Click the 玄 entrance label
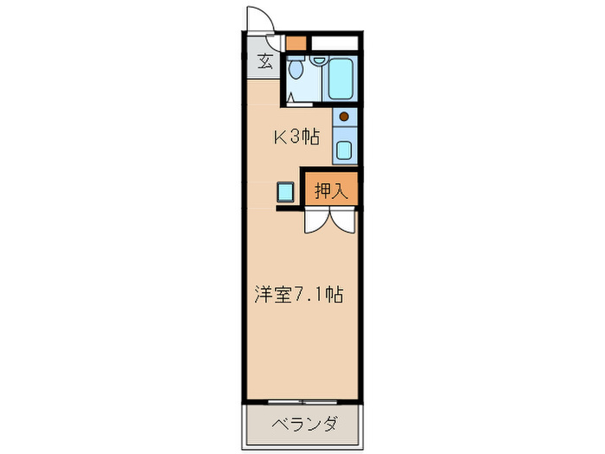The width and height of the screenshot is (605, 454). point(264,62)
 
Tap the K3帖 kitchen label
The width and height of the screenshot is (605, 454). point(296,136)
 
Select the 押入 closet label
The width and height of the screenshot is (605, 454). point(330,191)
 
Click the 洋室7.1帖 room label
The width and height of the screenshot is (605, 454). point(299,295)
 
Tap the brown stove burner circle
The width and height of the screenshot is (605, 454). point(344,117)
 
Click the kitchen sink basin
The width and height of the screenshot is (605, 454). point(344,150)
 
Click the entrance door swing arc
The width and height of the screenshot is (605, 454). point(261,19)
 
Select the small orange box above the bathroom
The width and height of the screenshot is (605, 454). point(296,42)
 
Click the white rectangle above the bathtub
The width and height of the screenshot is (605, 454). point(334,42)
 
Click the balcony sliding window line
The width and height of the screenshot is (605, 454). point(302,401)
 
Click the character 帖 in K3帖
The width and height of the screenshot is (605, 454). point(312,136)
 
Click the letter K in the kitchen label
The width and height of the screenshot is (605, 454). point(280,136)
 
